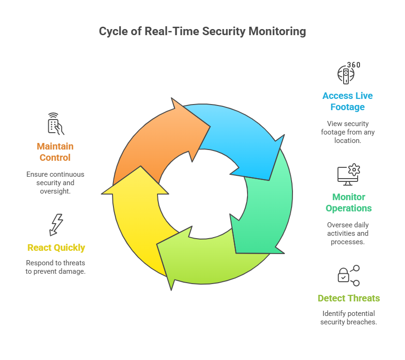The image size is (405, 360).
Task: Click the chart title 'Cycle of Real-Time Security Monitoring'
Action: (202, 31)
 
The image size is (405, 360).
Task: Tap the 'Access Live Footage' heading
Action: (347, 101)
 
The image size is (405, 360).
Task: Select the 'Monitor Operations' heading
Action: (348, 202)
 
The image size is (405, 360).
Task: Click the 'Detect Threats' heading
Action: (348, 298)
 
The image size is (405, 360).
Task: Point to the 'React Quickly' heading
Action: (56, 247)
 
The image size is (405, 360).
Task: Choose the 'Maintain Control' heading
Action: (56, 152)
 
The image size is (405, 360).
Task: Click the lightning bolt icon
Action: (56, 225)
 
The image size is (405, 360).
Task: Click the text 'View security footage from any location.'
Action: (348, 132)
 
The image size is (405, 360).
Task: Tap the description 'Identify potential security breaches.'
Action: (348, 318)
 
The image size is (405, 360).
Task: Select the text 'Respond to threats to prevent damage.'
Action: (56, 267)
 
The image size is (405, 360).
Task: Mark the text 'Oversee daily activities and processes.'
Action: (348, 233)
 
